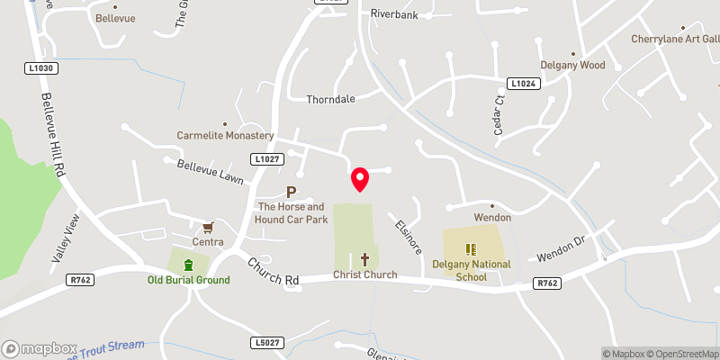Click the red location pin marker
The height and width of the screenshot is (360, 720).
(x=360, y=179)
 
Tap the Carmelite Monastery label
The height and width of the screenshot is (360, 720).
(x=225, y=135)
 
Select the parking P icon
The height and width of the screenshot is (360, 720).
(x=291, y=191)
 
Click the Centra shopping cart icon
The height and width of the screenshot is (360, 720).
(x=208, y=227)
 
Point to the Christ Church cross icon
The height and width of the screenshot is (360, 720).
(x=364, y=259)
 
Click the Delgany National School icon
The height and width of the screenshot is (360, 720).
(x=469, y=248)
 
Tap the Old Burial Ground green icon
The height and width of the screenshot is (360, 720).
(x=188, y=265)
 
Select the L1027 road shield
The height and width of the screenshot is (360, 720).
(x=267, y=159)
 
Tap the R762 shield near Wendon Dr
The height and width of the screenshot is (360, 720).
(x=547, y=283)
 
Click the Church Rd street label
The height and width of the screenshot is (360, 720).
(x=274, y=274)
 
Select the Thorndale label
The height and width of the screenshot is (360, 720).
(x=330, y=99)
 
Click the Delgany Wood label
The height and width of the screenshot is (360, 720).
(x=572, y=65)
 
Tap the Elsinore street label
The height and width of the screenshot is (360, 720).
(x=406, y=235)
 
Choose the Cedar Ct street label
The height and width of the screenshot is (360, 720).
(x=498, y=116)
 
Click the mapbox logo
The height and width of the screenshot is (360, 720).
(x=39, y=348)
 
